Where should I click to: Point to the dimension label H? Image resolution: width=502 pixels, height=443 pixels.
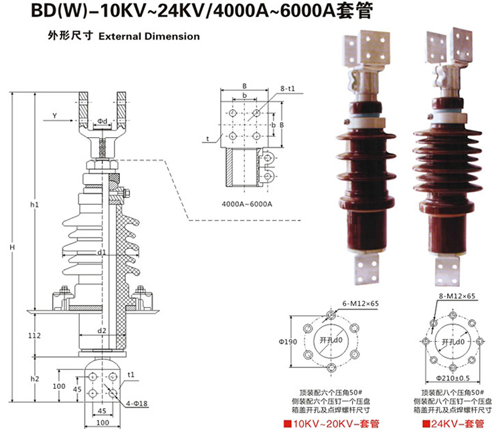(x=12, y=248)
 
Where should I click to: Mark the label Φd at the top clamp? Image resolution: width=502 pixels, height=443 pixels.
(x=102, y=120)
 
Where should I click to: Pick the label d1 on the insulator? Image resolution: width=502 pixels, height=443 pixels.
(x=102, y=253)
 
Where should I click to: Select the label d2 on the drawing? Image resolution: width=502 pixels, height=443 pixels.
(x=102, y=331)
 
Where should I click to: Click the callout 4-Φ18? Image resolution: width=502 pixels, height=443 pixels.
(x=137, y=404)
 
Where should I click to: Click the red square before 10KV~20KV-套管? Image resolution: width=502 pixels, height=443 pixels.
(x=286, y=425)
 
